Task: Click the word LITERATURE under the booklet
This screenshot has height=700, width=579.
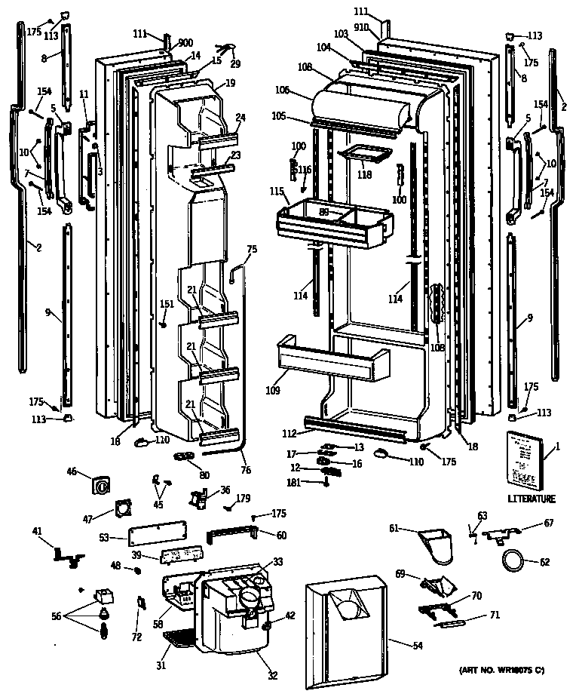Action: tap(532, 499)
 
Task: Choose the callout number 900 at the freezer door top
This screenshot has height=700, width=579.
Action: tap(185, 43)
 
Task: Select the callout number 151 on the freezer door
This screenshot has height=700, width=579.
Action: tap(167, 305)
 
